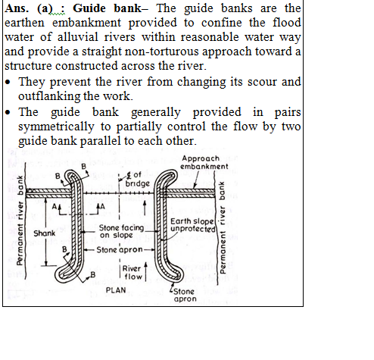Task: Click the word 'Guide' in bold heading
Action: [89, 8]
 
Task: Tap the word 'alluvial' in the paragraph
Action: [78, 37]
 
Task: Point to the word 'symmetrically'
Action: [56, 127]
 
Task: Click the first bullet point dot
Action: [8, 82]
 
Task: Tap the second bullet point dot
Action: [8, 112]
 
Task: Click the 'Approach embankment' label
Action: [204, 162]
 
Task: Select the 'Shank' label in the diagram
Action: [44, 233]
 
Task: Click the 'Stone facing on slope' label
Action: [121, 231]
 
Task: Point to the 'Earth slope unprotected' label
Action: [193, 225]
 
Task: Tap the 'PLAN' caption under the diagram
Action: [116, 290]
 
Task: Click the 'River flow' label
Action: [132, 273]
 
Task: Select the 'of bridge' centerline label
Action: [138, 179]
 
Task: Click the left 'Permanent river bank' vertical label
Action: [20, 221]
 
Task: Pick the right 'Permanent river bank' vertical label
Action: [222, 227]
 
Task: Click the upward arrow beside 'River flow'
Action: [145, 271]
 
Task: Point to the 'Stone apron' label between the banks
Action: [120, 250]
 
